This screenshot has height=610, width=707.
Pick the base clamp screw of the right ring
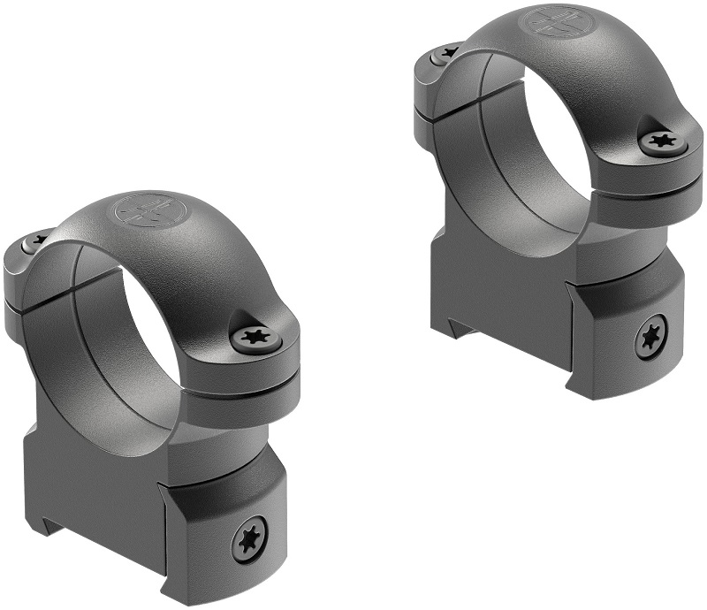pyautogui.click(x=650, y=337)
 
